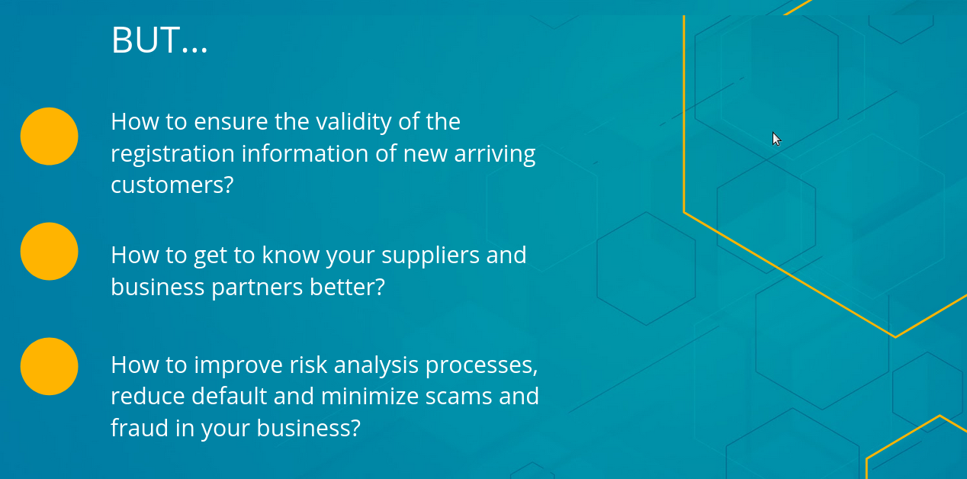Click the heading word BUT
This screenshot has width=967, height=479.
pos(145,40)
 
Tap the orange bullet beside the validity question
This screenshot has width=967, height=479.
pos(50,136)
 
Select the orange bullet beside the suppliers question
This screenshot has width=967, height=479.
pos(50,252)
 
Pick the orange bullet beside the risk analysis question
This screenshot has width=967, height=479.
pos(50,366)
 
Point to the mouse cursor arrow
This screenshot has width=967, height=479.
pos(776,139)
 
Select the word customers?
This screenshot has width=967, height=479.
pos(172,185)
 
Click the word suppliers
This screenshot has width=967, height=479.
pos(430,256)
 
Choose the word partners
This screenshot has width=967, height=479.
pos(257,288)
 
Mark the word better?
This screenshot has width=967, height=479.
pos(347,287)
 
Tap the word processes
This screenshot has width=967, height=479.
pos(481,366)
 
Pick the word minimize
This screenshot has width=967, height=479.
pos(370,397)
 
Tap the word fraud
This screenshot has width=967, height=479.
pos(140,428)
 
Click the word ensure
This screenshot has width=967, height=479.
pos(231,122)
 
